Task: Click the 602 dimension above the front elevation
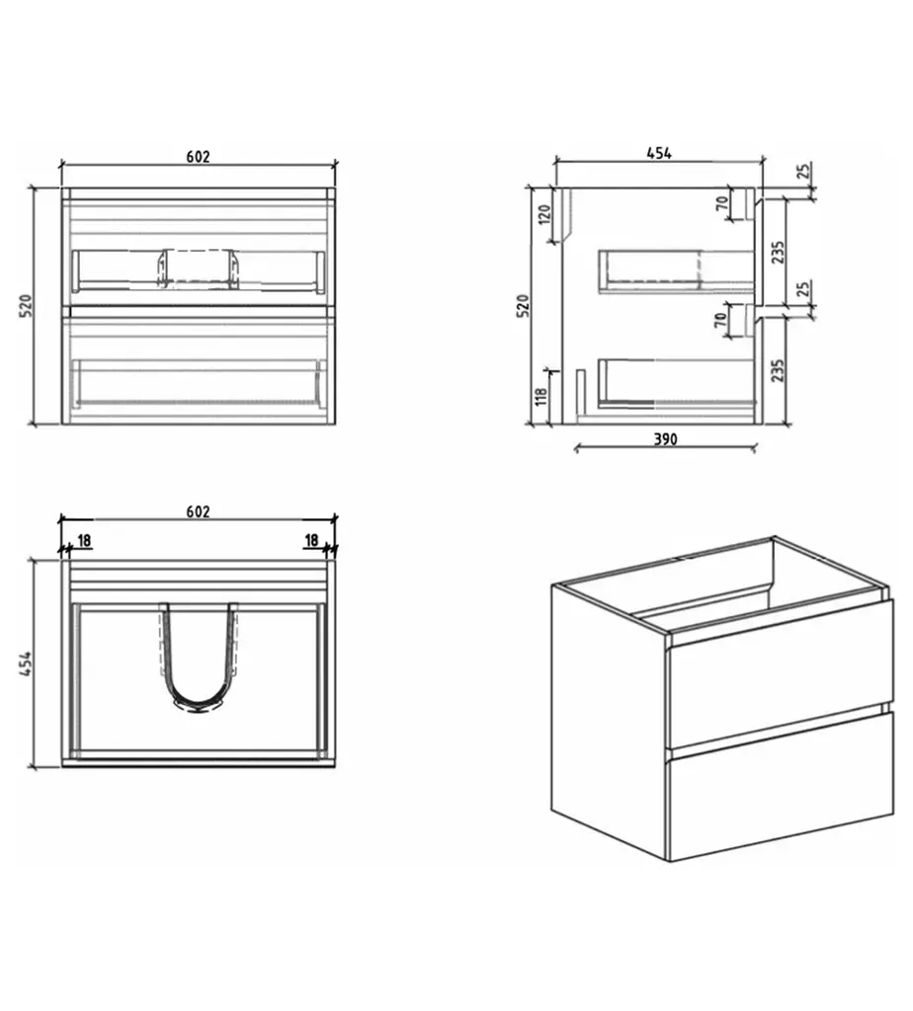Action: pyautogui.click(x=198, y=157)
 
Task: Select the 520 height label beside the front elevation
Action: pyautogui.click(x=26, y=306)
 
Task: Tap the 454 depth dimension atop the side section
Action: pyautogui.click(x=659, y=153)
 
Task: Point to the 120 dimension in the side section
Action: pyautogui.click(x=545, y=213)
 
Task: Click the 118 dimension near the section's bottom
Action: pyautogui.click(x=541, y=396)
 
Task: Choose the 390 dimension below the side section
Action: pyautogui.click(x=665, y=439)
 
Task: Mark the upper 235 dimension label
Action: pyautogui.click(x=778, y=252)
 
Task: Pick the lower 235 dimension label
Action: pyautogui.click(x=778, y=370)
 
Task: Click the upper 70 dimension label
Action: pyautogui.click(x=722, y=202)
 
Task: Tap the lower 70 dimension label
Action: pyautogui.click(x=721, y=318)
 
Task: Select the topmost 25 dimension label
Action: pyautogui.click(x=802, y=171)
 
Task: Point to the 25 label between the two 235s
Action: pyautogui.click(x=802, y=288)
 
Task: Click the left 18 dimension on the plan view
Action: pyautogui.click(x=84, y=540)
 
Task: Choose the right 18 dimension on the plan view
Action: pyautogui.click(x=311, y=540)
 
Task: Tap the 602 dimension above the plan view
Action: pyautogui.click(x=198, y=512)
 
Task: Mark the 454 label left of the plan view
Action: pyautogui.click(x=26, y=663)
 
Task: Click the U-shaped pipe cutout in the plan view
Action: pyautogui.click(x=198, y=657)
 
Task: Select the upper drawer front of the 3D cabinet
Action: pyautogui.click(x=781, y=673)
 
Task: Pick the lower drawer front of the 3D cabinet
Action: pyautogui.click(x=781, y=786)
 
